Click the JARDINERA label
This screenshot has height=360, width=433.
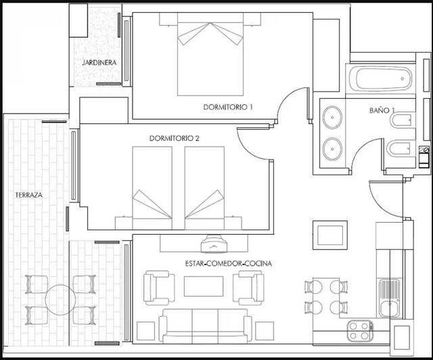[x=98, y=63]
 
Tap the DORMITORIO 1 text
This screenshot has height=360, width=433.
[x=228, y=107]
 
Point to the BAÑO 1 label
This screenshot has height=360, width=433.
[x=383, y=109]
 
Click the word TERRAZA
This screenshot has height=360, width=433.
[x=29, y=195]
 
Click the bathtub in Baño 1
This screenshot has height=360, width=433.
[x=380, y=81]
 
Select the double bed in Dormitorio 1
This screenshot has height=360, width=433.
[x=210, y=58]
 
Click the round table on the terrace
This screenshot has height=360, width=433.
[x=59, y=297]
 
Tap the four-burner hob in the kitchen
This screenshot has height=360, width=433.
[x=361, y=331]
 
